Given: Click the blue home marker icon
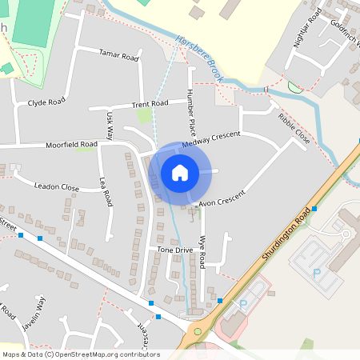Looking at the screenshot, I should (x=180, y=172).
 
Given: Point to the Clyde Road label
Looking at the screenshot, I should (x=46, y=103).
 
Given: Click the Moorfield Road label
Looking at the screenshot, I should (x=71, y=145).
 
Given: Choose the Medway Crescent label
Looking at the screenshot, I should (x=211, y=139).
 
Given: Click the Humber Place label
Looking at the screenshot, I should (x=192, y=110).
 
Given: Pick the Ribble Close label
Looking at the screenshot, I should (x=294, y=129).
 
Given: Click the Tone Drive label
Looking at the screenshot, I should (x=175, y=250).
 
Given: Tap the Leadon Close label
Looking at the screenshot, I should (x=57, y=187).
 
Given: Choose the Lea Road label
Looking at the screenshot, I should (x=105, y=192).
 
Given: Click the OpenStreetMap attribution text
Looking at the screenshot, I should (x=81, y=354).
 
